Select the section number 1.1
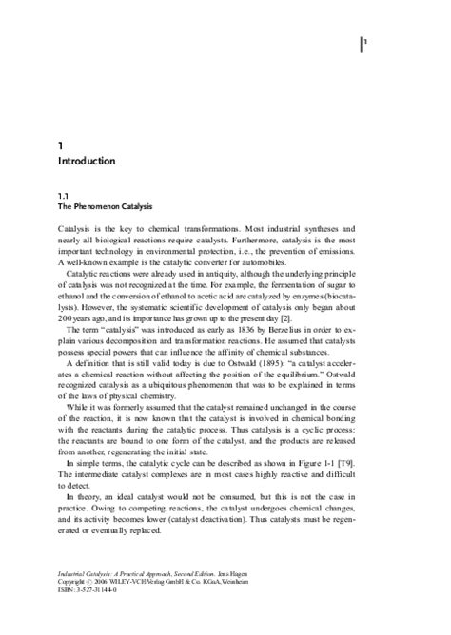(64, 194)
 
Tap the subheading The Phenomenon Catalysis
(106, 206)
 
